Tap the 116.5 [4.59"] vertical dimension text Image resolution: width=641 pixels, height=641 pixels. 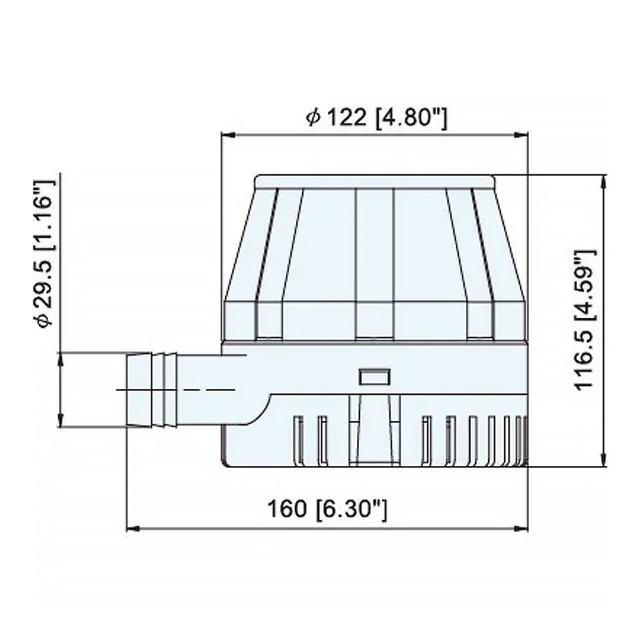pyautogui.click(x=586, y=319)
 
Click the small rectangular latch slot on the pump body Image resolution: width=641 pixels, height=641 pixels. pyautogui.click(x=375, y=377)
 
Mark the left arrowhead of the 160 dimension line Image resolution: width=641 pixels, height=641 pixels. pyautogui.click(x=131, y=529)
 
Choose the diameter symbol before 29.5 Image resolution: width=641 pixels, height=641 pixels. pyautogui.click(x=45, y=320)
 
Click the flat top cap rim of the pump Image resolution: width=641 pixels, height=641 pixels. pyautogui.click(x=375, y=182)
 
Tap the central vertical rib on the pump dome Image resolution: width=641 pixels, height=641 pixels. pyautogui.click(x=374, y=263)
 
